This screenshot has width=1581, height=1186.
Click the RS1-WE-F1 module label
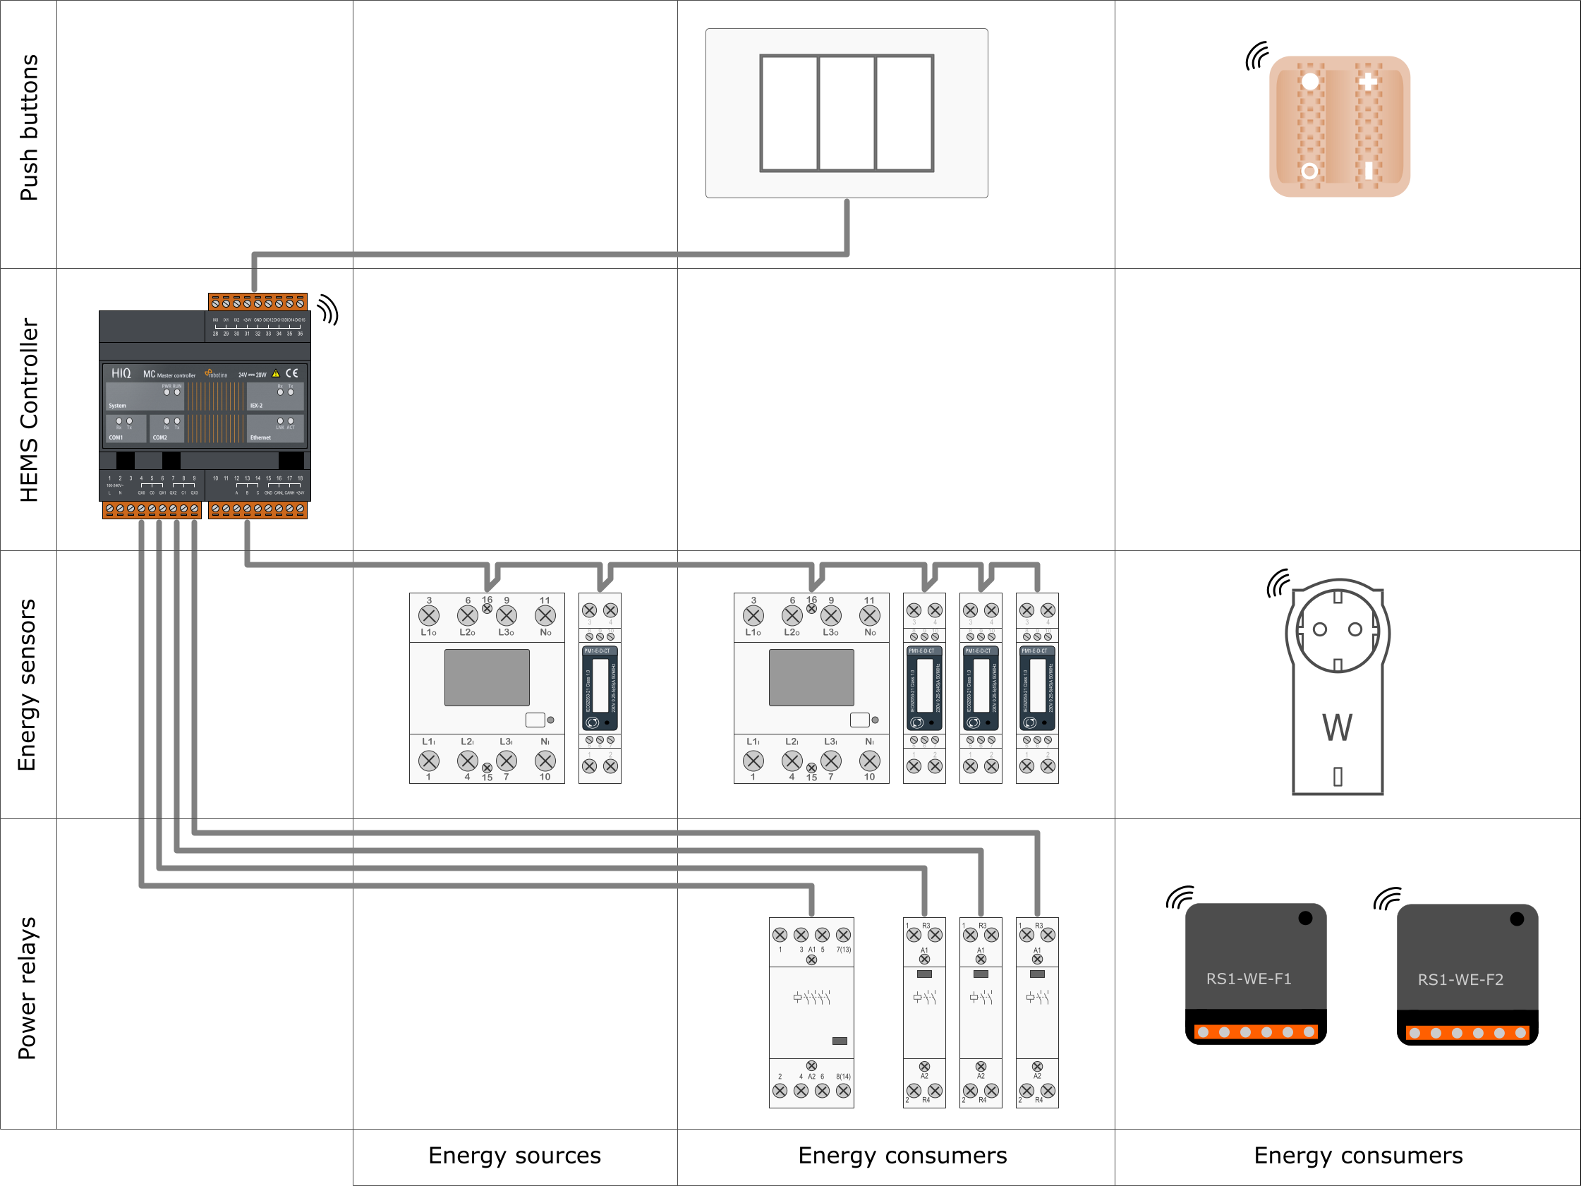[1249, 979]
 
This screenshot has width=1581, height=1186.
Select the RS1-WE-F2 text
[1460, 979]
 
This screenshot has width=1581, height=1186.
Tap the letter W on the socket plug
[1337, 727]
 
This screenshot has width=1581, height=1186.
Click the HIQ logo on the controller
[121, 373]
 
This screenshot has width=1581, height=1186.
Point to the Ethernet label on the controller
[260, 437]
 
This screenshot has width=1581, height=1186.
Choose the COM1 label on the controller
[116, 437]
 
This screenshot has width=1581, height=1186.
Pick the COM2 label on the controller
[159, 437]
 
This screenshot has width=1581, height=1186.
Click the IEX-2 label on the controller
[256, 406]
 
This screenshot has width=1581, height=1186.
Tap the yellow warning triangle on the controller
[276, 373]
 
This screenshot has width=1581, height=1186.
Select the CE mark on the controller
[291, 373]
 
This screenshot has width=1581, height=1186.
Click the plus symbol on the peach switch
[1368, 82]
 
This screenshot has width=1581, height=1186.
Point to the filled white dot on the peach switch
[1310, 82]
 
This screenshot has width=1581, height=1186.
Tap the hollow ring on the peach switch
[1309, 171]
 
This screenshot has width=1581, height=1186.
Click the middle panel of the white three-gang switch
[847, 113]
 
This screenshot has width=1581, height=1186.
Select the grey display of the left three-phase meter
[487, 677]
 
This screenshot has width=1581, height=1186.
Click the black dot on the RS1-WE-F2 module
[1517, 919]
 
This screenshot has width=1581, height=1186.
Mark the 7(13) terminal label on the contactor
[843, 950]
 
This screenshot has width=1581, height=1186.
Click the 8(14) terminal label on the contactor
[843, 1076]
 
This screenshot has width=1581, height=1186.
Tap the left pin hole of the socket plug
[1320, 629]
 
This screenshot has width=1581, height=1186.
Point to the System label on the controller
[117, 406]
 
